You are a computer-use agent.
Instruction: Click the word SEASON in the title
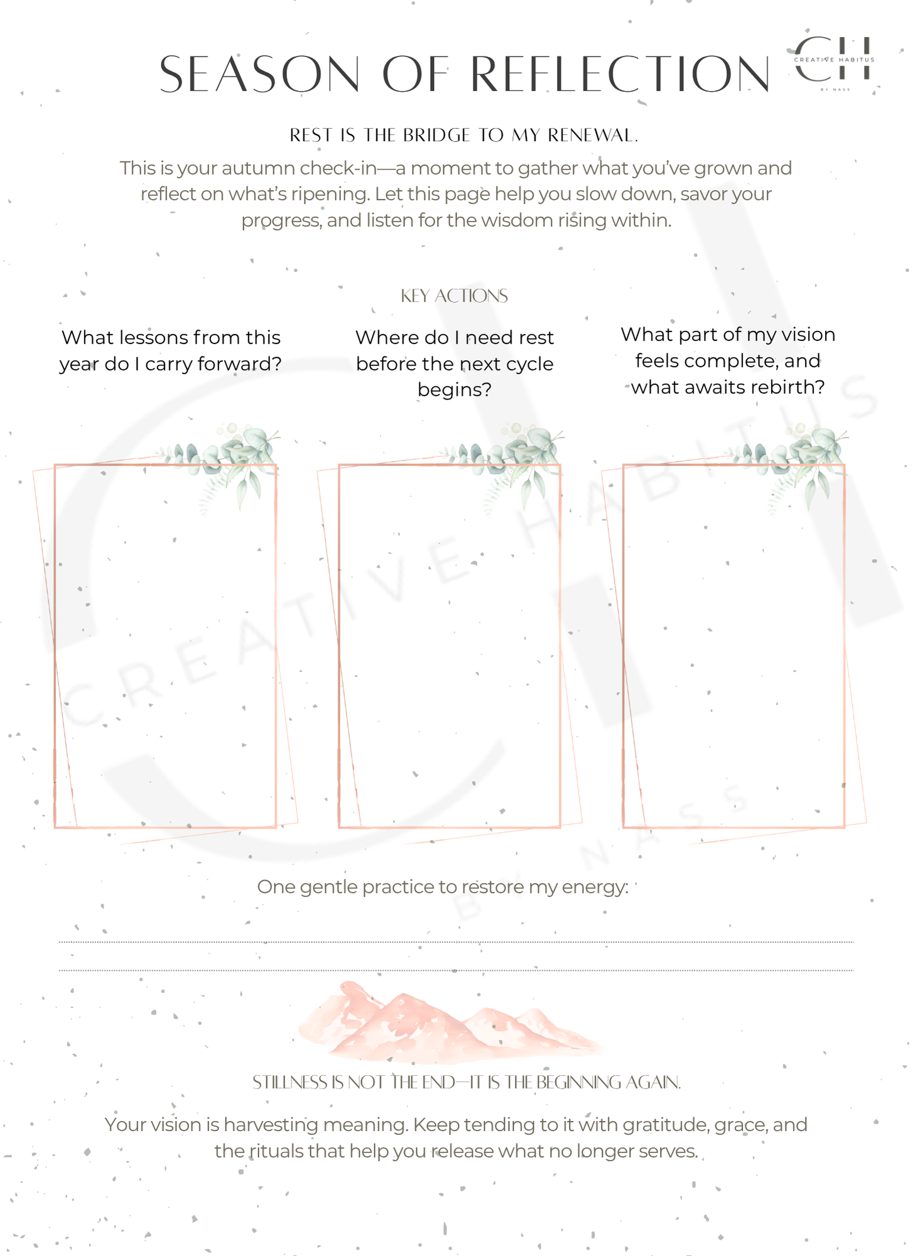click(260, 74)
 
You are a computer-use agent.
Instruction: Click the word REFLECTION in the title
click(620, 74)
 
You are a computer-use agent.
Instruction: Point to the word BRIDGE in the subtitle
click(436, 135)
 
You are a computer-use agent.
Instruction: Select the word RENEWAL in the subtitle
click(593, 135)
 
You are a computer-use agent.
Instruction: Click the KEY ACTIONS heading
click(455, 296)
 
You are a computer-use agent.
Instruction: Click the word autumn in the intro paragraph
click(260, 168)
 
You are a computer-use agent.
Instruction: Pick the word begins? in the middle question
click(455, 390)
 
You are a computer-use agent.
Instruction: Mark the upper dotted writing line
click(456, 942)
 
